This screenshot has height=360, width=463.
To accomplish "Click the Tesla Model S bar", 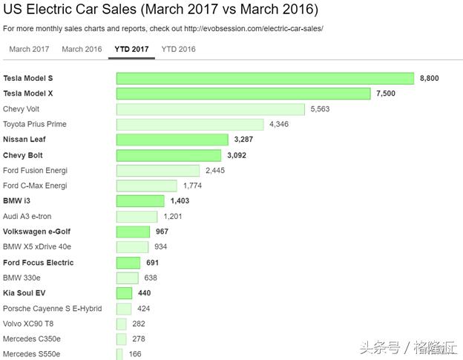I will [x=265, y=78].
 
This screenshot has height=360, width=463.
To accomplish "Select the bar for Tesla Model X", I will [x=243, y=94].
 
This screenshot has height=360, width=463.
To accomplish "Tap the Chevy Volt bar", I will [x=211, y=109].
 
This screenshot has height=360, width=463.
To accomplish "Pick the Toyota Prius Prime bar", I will [x=190, y=124].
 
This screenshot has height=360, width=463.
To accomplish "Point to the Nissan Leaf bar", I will [x=172, y=140].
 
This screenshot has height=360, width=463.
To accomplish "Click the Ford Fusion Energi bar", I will [x=158, y=170].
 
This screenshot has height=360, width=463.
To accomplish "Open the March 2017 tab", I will [x=29, y=49].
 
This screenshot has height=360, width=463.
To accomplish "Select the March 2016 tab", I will [x=82, y=49].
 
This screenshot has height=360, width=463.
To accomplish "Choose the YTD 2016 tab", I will [x=178, y=49].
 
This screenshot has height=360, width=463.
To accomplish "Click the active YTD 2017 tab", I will [x=131, y=49].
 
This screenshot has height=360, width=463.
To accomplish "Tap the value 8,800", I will [x=430, y=78].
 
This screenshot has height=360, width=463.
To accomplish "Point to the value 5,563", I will [x=320, y=109].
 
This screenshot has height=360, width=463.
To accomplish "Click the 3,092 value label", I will [x=236, y=155].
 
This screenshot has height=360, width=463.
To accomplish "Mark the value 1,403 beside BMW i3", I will [x=180, y=201].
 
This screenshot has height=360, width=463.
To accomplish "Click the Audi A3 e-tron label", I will [x=28, y=216].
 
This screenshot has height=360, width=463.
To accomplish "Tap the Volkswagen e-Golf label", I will [x=36, y=232].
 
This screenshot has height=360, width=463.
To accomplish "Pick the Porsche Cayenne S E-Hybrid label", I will [x=52, y=308].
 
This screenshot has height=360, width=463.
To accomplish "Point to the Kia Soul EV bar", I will [x=124, y=293].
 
